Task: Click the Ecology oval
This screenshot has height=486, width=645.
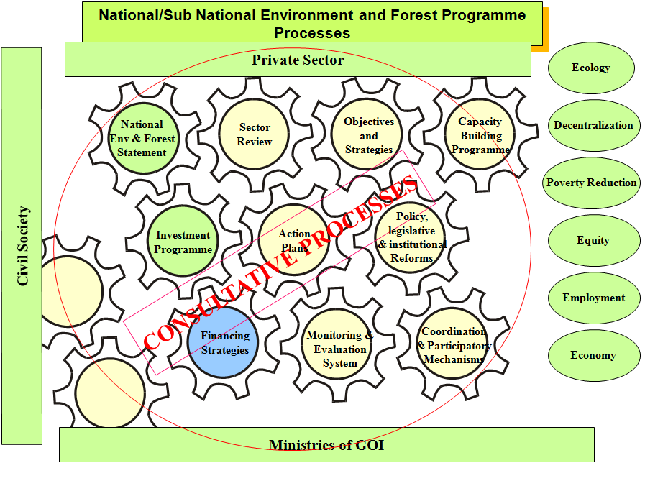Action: coord(591,68)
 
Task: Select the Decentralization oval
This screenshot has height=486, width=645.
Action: coord(593,125)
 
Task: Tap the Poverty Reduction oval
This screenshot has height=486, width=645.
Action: coord(592,183)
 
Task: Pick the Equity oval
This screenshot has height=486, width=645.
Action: coord(593,240)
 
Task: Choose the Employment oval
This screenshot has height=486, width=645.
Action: coord(593,298)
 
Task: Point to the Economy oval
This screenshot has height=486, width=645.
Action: coord(593,355)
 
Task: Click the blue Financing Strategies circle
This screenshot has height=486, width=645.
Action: coord(223,342)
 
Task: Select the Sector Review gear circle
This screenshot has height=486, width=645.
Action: coord(254,134)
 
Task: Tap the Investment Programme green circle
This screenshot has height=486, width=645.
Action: coord(183,241)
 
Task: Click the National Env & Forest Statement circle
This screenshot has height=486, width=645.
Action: coord(143,139)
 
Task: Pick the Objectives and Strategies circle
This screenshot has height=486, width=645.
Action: coord(367,134)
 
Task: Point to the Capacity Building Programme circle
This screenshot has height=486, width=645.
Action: coord(480,134)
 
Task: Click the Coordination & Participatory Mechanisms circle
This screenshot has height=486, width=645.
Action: coord(452,342)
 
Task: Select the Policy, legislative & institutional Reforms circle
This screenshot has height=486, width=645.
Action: coord(411,237)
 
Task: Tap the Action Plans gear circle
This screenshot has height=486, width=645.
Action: coord(293,240)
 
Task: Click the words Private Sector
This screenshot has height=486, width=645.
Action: coord(298,60)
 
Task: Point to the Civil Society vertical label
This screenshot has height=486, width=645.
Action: coord(22,246)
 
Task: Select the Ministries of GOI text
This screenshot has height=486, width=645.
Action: coord(326,445)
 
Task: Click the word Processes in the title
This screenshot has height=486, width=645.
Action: coord(312,33)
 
